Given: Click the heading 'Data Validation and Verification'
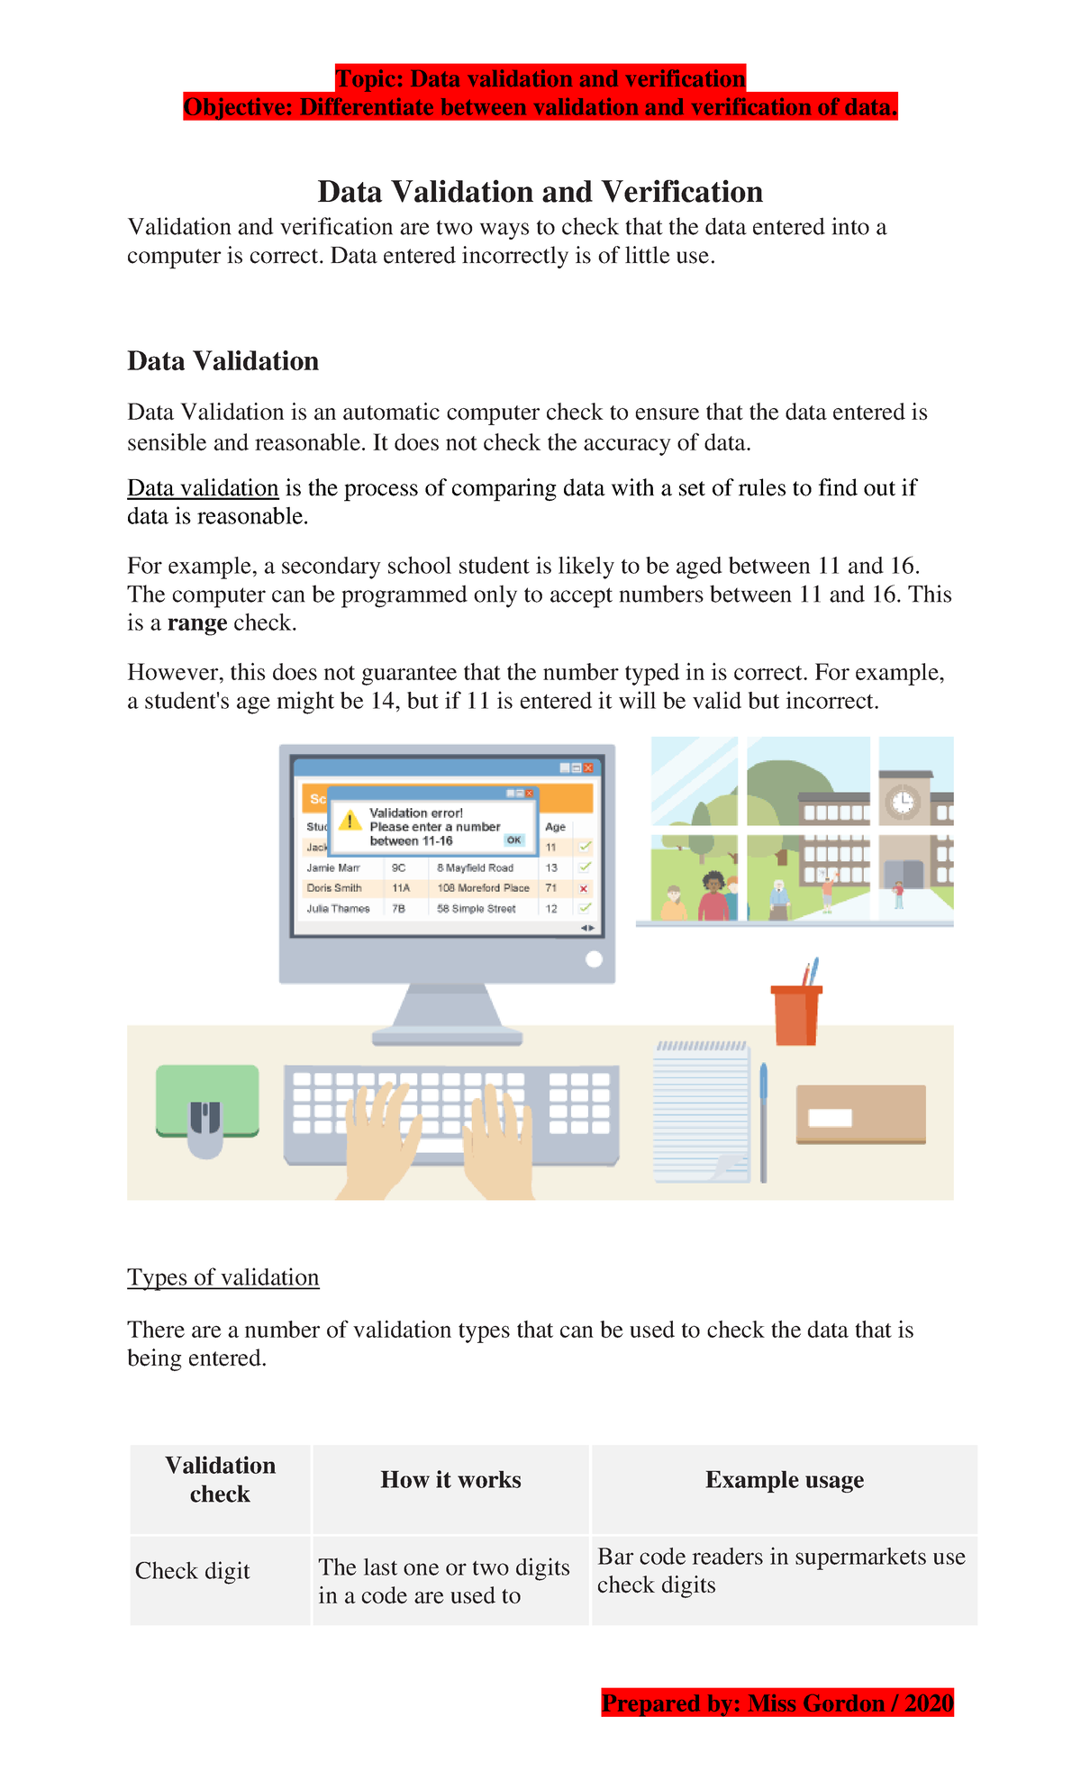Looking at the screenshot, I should click(x=540, y=192).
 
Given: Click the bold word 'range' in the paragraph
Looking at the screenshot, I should click(x=196, y=623).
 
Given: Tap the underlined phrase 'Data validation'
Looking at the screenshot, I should click(x=203, y=488).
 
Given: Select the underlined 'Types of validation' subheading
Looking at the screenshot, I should click(x=223, y=1277).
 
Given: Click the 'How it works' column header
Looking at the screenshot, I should click(x=450, y=1480).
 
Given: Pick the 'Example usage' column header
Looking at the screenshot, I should click(x=784, y=1480).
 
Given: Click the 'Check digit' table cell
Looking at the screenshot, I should click(x=193, y=1571).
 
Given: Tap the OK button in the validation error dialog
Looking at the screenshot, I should click(x=513, y=840).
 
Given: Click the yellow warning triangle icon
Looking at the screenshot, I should click(x=350, y=821).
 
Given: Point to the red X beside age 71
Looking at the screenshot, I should click(x=584, y=889).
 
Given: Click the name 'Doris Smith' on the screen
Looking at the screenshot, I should click(x=334, y=888).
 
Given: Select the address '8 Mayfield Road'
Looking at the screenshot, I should click(x=475, y=868).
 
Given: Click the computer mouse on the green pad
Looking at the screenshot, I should click(x=205, y=1127).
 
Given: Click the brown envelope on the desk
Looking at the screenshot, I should click(x=860, y=1114).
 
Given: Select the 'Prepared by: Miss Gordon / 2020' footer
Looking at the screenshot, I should click(x=777, y=1703).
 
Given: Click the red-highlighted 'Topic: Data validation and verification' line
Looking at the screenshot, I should click(x=540, y=78).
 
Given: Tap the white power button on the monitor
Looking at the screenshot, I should click(x=594, y=959).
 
